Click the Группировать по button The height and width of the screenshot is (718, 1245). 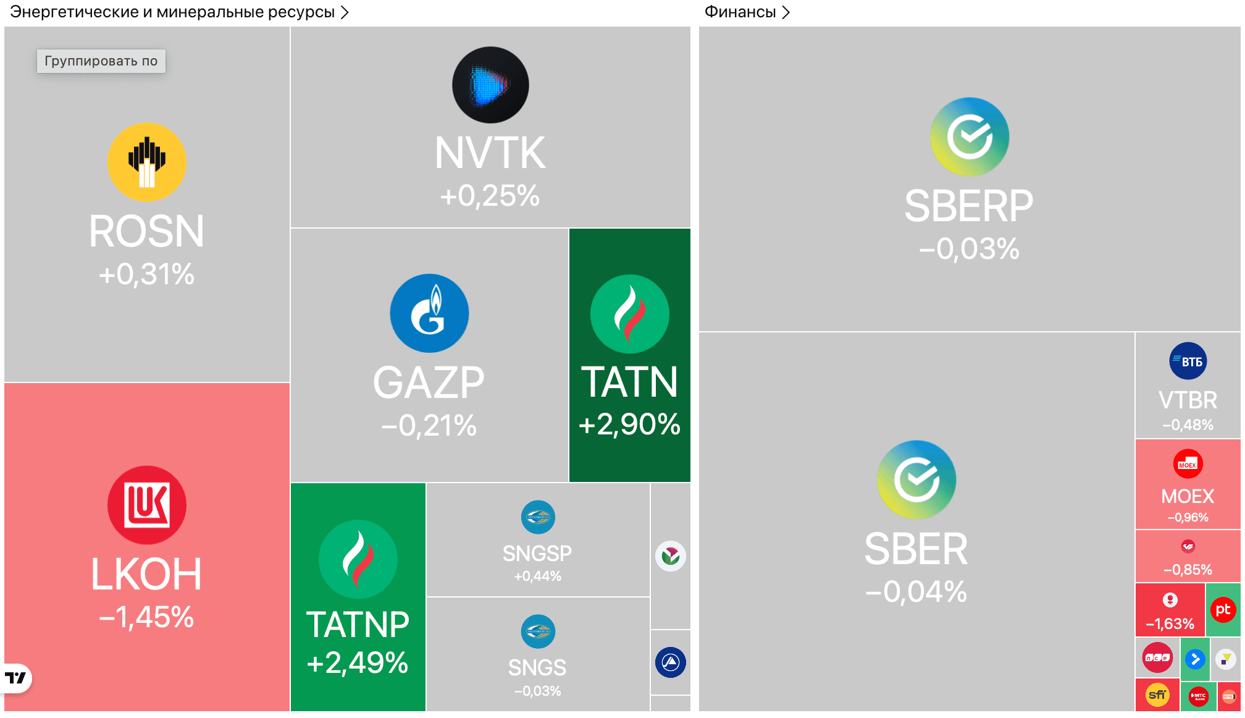point(101,61)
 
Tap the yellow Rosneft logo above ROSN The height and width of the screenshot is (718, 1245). point(147,162)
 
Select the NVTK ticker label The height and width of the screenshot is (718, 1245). point(490,153)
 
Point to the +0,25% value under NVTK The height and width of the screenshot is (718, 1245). point(490,196)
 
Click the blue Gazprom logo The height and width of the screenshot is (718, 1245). point(429,313)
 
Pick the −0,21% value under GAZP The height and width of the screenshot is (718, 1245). point(429,425)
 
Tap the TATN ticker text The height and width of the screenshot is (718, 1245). point(629,382)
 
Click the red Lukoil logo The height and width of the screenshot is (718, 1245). point(147,505)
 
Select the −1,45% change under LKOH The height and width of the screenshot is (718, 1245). point(147,617)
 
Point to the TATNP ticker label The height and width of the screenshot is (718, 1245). point(358,625)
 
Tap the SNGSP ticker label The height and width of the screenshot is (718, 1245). point(537,553)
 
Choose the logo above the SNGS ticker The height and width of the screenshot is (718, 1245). point(538,631)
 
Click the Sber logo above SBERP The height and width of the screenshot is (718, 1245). point(970,137)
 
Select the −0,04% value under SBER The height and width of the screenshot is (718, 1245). point(916,591)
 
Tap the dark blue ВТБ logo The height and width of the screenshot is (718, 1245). point(1188,361)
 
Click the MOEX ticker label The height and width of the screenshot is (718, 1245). point(1188,496)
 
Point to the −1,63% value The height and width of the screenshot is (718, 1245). point(1170,624)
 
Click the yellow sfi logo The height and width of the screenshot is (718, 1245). point(1157,695)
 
